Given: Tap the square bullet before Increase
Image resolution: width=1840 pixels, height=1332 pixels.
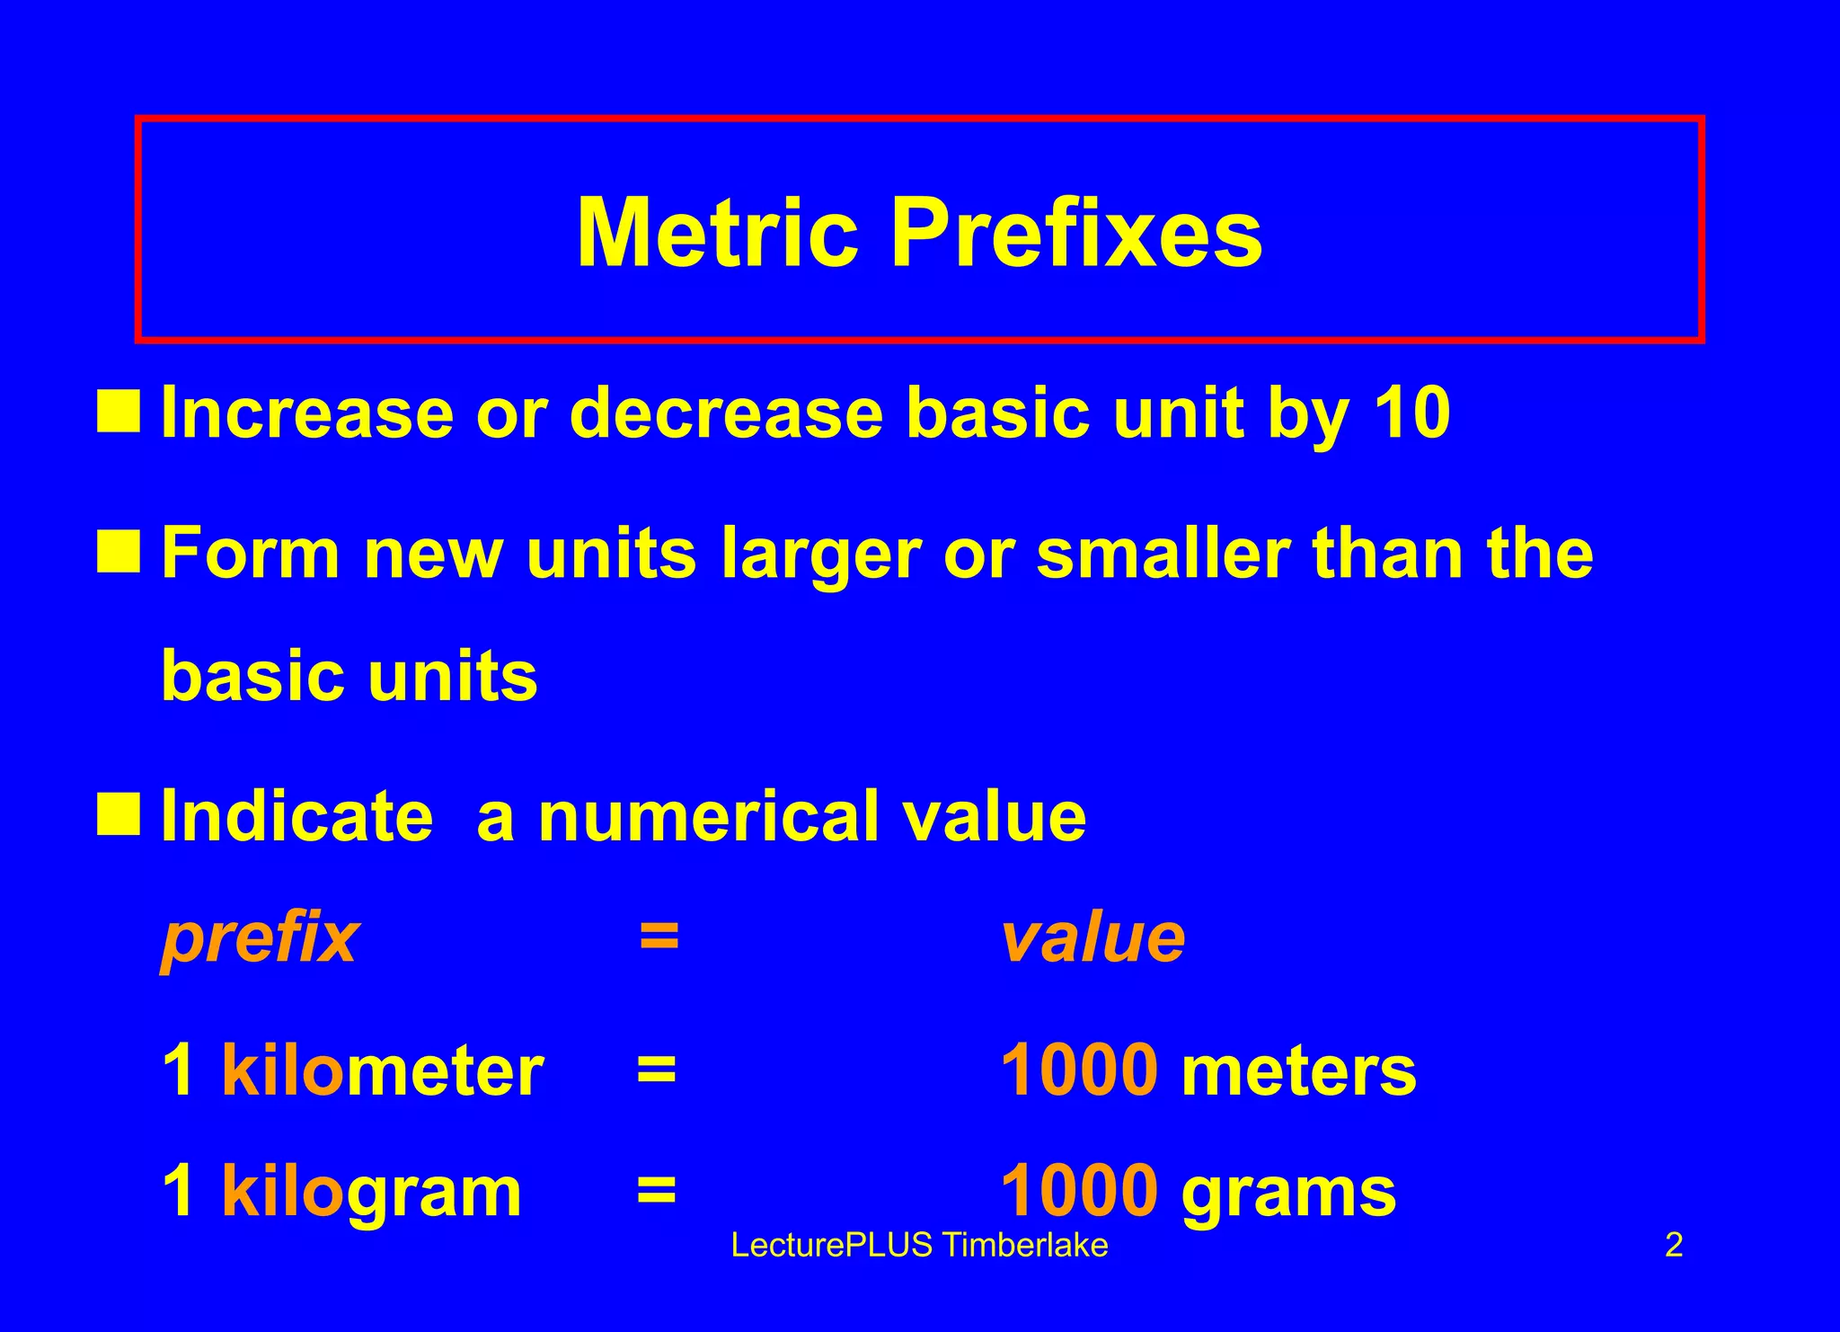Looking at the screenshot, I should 119,412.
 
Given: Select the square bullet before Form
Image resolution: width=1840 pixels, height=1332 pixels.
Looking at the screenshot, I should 119,551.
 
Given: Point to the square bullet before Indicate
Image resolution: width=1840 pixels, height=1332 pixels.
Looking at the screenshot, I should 119,813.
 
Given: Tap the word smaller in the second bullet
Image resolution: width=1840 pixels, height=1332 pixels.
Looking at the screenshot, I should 1163,553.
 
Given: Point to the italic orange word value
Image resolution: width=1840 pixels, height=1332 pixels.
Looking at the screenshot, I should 1092,938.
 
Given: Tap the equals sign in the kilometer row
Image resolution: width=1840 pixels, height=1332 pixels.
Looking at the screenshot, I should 657,1070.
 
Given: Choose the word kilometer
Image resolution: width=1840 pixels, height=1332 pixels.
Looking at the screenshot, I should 382,1070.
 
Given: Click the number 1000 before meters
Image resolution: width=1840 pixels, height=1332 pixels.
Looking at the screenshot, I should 1079,1070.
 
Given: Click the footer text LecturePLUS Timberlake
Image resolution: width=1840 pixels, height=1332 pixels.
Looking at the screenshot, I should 919,1246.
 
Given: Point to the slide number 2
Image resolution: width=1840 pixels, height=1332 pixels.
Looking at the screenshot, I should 1674,1246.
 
